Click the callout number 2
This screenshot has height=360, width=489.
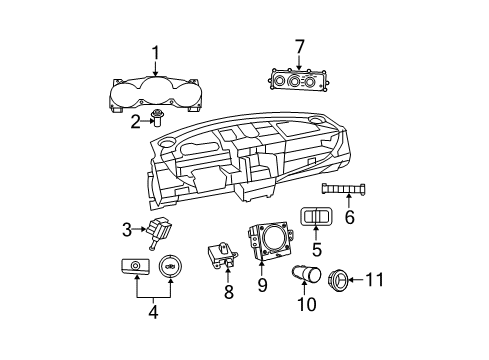(x=133, y=122)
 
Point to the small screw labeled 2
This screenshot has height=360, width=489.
(x=156, y=121)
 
